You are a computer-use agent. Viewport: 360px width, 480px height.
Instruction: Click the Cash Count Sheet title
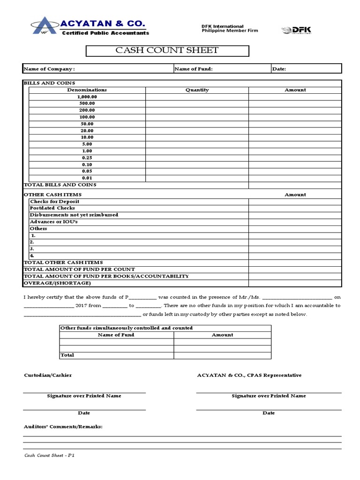167,51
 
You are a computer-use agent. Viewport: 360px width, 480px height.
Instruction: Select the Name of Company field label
49,69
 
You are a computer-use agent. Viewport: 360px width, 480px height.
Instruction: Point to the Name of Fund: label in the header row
193,69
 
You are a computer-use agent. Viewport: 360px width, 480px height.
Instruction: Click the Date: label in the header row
279,69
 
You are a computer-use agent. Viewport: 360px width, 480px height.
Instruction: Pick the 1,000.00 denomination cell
87,97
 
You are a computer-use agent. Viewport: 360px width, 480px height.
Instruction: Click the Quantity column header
197,90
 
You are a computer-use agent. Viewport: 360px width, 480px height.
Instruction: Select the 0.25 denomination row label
87,158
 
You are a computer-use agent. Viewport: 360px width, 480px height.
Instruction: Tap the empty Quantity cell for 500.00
197,104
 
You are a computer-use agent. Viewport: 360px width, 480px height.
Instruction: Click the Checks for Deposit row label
54,201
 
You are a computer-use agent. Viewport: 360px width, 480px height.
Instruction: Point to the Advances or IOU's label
53,221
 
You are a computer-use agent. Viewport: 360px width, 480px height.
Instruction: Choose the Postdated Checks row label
52,208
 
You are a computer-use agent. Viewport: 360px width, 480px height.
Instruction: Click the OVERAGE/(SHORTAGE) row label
57,283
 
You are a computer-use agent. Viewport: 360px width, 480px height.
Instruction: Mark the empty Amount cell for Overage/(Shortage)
295,283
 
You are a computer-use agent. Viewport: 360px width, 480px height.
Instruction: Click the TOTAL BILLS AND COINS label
60,185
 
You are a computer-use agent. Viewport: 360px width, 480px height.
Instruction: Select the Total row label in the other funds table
67,355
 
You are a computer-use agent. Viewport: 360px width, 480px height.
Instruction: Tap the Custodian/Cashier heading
48,375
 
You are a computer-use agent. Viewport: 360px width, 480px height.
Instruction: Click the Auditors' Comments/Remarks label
63,427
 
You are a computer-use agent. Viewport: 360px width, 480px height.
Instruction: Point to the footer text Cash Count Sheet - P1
49,456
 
